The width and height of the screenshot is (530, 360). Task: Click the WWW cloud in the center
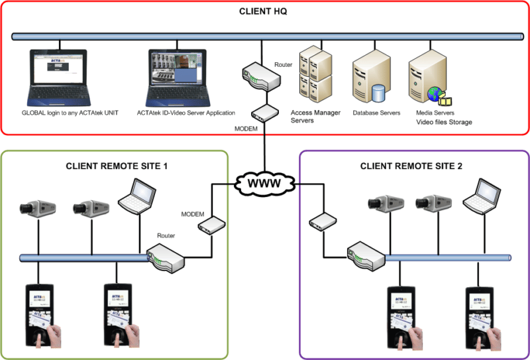(264, 182)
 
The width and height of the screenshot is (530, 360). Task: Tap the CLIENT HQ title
(264, 13)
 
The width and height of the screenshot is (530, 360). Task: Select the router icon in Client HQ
(259, 74)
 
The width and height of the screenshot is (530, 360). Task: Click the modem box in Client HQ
(264, 112)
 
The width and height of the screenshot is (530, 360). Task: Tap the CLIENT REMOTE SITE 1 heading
(117, 165)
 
